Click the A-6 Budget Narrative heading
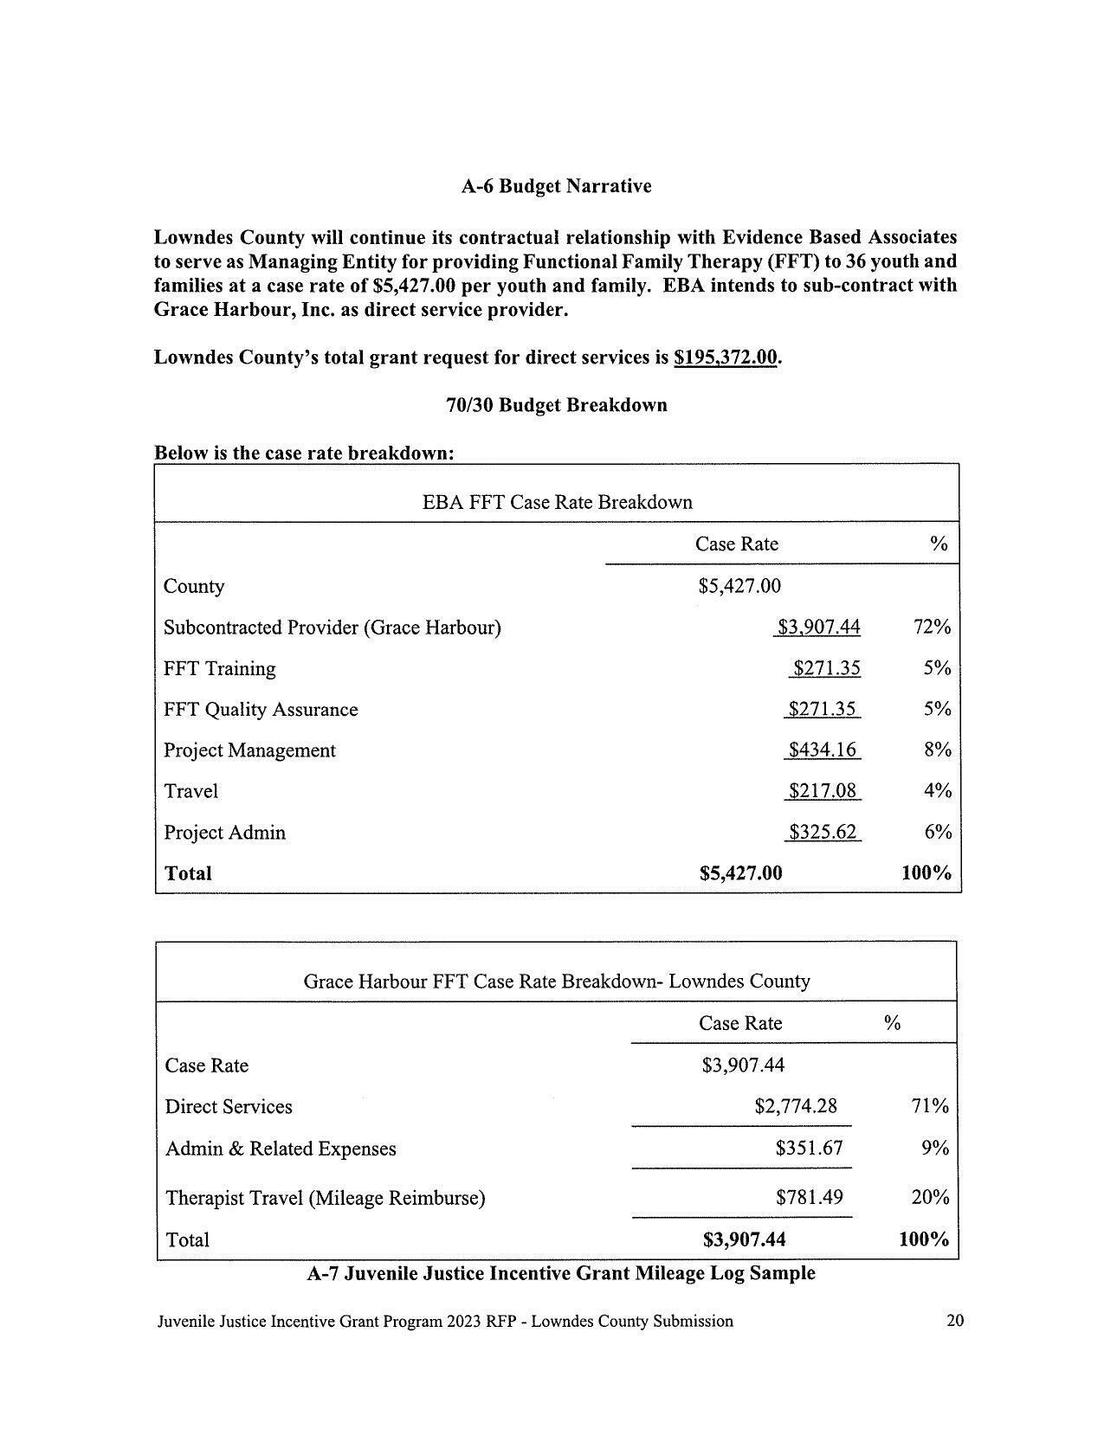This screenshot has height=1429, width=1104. coord(556,186)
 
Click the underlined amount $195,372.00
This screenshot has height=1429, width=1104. coord(726,357)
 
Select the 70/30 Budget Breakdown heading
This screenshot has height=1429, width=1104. coord(556,405)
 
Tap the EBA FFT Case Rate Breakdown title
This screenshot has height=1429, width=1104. coord(557,502)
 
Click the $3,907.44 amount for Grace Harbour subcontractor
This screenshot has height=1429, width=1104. coord(818,627)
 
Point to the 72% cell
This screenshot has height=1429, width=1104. coord(932,627)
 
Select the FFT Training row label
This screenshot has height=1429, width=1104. coord(220,668)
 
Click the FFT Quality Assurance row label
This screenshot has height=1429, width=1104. coord(261,710)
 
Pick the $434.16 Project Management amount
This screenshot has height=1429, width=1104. coord(822,750)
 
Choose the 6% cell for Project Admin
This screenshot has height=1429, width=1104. coord(938,832)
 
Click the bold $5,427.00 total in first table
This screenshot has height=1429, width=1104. coord(740,873)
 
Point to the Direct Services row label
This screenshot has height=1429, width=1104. coord(229,1107)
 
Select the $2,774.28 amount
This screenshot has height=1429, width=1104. coord(796,1106)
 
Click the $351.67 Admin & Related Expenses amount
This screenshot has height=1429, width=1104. coord(809,1148)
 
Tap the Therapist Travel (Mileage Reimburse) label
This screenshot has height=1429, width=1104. coord(325,1198)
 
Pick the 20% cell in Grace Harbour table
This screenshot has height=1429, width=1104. coord(930,1197)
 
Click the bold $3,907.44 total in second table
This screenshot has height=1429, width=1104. coord(744,1239)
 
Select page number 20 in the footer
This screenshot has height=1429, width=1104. coord(955,1321)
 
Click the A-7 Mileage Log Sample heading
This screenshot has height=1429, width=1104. coord(561,1273)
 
